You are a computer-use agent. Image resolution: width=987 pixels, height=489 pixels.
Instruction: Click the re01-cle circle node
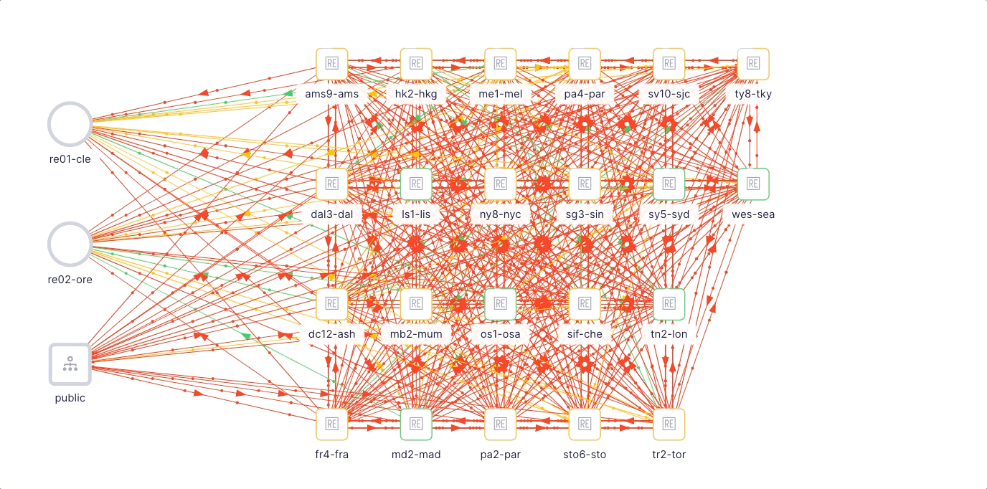70,103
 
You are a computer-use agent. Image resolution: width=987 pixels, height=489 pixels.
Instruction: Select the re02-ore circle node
70,222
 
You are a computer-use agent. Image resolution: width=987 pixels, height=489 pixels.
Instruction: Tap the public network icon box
70,364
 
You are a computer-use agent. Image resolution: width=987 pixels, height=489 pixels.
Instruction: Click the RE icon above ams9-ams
332,64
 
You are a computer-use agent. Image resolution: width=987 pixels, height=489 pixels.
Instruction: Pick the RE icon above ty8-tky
753,64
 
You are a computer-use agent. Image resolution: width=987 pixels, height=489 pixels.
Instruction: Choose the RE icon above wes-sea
753,184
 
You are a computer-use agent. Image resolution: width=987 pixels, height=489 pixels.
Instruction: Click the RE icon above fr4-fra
332,424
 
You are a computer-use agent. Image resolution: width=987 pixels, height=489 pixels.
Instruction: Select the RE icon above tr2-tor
669,424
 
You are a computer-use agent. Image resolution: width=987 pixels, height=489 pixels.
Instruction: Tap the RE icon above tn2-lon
669,304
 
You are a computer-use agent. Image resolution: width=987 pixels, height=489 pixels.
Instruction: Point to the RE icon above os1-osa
500,304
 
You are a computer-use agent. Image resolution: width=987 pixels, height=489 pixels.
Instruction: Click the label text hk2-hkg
416,94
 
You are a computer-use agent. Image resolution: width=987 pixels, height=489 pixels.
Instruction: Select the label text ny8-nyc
500,214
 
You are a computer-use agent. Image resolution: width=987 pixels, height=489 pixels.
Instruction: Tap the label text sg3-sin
585,214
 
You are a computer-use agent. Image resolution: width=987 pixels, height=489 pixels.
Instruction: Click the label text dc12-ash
332,334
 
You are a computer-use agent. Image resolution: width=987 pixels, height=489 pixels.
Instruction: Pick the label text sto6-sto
585,454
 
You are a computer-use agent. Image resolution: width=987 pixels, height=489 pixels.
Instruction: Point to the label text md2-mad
416,454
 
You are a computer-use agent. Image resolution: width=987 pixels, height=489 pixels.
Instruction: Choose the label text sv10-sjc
669,94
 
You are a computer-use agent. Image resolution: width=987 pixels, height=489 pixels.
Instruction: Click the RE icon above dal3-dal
332,184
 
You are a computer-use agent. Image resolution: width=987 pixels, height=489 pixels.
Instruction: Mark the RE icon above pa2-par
500,424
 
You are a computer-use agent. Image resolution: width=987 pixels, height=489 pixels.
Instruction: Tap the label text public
70,398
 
